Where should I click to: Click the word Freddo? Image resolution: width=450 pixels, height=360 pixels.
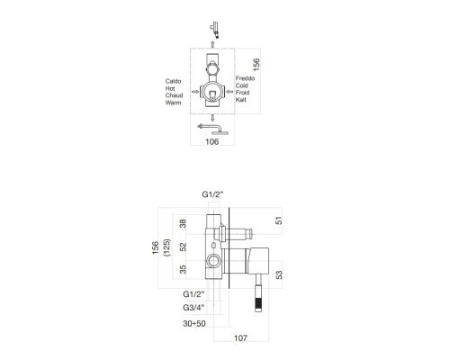coord(247,79)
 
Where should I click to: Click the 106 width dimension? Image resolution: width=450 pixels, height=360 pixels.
coord(211,141)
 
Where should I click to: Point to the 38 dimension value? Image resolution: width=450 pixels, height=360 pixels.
coord(184,224)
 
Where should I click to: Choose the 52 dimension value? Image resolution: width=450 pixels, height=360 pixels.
coord(184,247)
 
